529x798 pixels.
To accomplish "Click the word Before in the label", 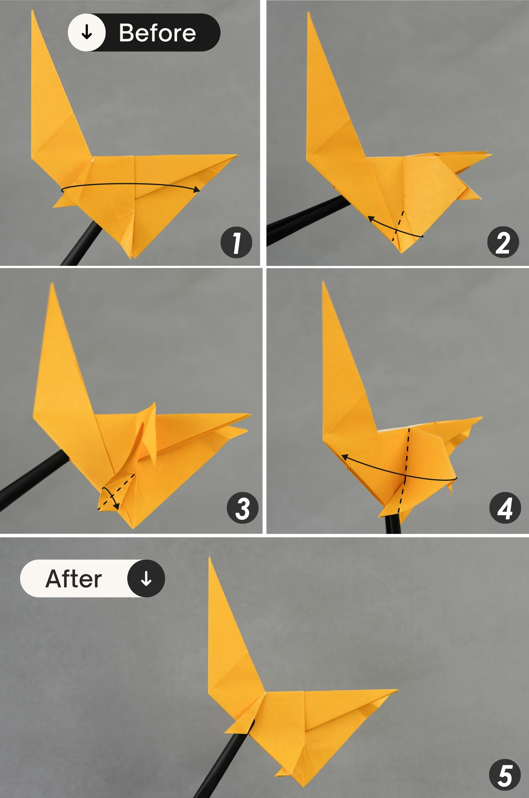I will (x=157, y=33).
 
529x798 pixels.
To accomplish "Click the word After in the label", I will (x=74, y=579).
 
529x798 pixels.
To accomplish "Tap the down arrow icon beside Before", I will (x=87, y=32).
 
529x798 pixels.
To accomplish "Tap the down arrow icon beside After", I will (x=146, y=578).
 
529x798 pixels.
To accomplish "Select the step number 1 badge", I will (x=236, y=242).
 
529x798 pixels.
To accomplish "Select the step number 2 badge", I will (x=503, y=242).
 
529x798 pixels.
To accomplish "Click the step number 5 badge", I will (x=505, y=775).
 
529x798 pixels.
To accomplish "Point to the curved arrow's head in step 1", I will (x=197, y=190).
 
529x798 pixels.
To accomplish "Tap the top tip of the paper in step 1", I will (x=32, y=11).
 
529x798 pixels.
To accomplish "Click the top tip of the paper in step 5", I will (x=210, y=559).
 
